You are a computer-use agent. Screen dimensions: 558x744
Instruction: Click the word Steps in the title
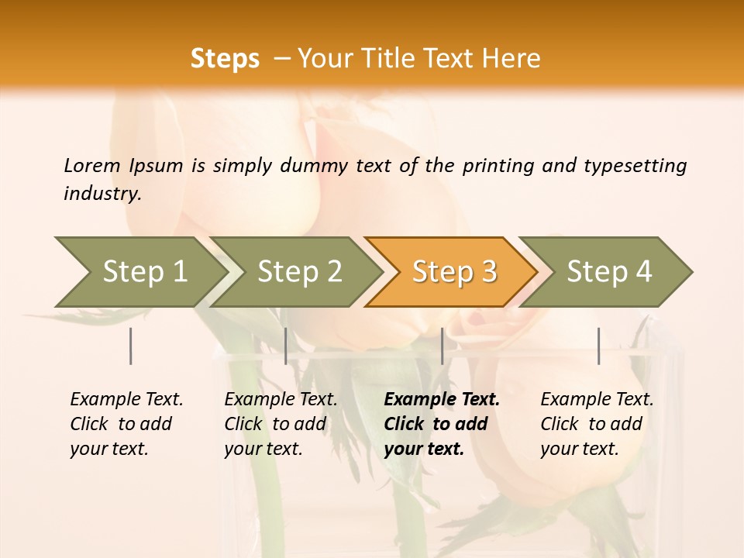225,59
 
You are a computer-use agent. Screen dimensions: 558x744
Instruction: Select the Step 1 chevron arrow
139,272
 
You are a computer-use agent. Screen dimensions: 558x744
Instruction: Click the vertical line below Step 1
131,346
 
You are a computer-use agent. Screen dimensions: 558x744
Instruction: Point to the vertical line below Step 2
286,346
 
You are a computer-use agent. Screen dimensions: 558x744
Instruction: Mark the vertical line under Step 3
442,346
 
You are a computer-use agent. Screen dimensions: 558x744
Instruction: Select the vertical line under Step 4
599,346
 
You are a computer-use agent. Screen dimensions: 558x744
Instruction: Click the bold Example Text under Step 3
442,400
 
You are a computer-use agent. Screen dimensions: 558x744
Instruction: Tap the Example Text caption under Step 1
126,400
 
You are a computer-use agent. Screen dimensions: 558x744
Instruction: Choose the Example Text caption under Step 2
281,400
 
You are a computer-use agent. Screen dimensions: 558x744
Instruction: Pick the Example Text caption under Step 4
597,400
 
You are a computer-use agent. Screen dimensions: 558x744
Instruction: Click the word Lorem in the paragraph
93,166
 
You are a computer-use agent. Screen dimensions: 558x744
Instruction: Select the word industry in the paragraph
102,194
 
